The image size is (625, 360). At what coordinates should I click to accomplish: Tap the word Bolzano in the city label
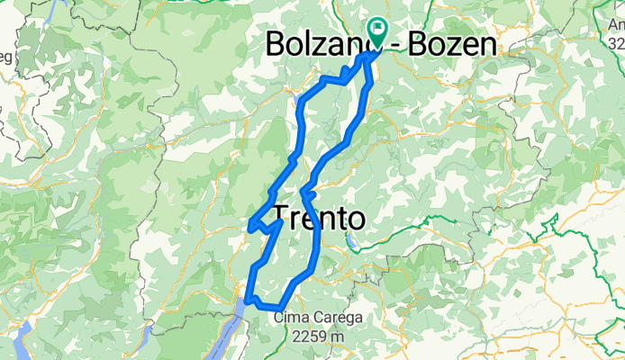click(319, 45)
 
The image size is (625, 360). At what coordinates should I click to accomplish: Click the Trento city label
click(319, 219)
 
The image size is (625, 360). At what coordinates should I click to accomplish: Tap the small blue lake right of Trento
click(352, 240)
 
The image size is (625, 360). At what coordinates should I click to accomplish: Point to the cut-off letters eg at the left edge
click(5, 57)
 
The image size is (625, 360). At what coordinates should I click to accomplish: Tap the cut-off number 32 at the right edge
click(617, 43)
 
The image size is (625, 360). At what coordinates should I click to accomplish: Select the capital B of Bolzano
click(277, 45)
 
